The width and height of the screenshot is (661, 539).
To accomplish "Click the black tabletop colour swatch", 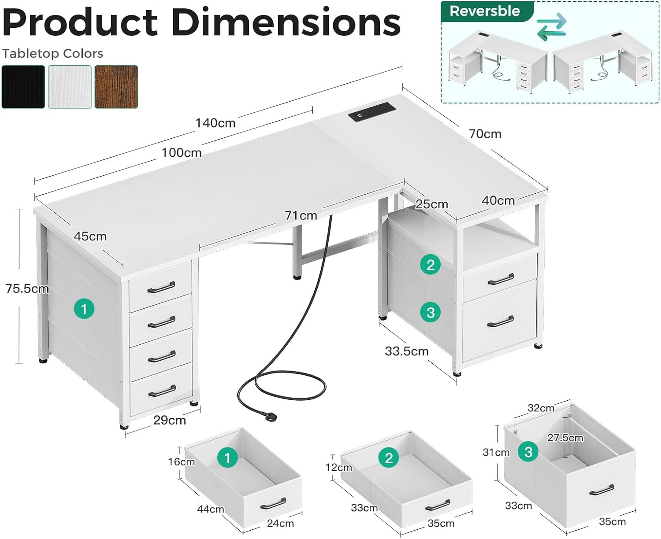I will point(23,86).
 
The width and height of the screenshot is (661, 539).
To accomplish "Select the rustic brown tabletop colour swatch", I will point(116,86).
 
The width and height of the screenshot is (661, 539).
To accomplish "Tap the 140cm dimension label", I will point(215,123).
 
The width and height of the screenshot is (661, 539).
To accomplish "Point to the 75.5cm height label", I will point(27,289).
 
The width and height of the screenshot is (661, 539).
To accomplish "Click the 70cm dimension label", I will point(485,134).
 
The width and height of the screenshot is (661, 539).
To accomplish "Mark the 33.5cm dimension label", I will point(406,351).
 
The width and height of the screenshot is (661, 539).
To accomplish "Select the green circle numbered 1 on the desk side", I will point(84,309).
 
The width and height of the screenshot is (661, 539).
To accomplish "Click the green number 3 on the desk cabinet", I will point(431,313).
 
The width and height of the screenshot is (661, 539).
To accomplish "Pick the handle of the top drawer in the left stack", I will point(161,288).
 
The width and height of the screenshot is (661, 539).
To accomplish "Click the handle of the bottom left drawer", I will point(162,391).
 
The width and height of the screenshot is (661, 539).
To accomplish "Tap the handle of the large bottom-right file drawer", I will point(501,321).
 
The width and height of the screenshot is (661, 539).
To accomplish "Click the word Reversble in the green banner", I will point(485,11).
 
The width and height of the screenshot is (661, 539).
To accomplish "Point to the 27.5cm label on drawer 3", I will point(565,438).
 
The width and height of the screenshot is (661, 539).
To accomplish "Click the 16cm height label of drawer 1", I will point(181,462).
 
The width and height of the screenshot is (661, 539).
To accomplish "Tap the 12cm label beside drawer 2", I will point(338,468).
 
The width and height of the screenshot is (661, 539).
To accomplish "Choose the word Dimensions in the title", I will point(286,22).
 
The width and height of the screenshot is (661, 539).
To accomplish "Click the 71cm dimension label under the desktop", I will point(301,216).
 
